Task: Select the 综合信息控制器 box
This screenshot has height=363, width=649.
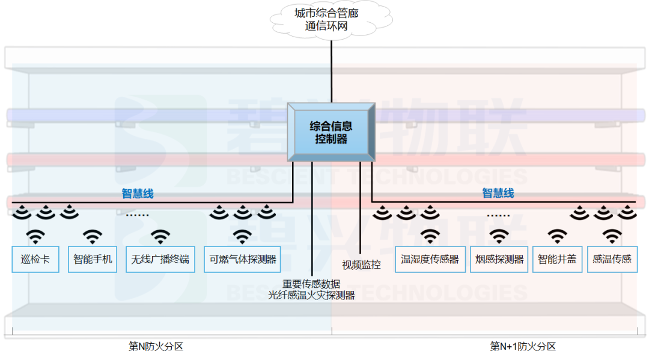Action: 331,132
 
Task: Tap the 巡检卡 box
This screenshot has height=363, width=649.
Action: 35,259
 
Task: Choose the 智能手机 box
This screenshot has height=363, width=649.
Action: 93,259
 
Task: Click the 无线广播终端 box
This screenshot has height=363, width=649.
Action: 160,259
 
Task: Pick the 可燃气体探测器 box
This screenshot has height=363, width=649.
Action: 242,259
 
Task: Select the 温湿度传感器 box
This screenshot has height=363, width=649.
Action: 430,259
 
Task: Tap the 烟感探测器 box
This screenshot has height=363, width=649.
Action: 499,259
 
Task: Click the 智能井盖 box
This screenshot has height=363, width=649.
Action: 557,259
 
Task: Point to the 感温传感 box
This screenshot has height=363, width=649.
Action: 612,259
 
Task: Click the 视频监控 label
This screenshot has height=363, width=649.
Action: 361,264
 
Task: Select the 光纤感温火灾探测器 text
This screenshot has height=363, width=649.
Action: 311,295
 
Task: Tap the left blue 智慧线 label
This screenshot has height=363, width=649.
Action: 138,194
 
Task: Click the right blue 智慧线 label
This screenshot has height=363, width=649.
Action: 498,193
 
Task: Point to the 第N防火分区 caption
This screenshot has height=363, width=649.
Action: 156,346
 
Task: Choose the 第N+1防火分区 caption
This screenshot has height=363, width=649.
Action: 522,346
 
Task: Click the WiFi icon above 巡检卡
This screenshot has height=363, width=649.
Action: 35,236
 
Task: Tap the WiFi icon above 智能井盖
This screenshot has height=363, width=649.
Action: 557,236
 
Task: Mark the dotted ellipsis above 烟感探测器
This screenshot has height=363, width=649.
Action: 498,215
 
